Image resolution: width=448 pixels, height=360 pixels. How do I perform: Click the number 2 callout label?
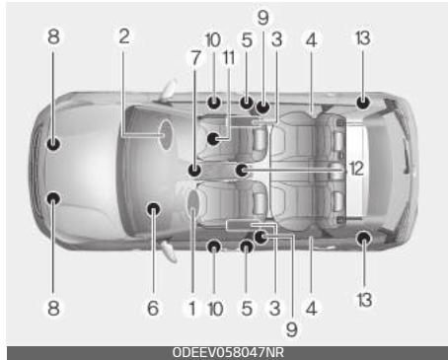(x=124, y=36)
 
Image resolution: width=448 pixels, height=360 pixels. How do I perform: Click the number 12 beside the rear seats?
(x=355, y=169)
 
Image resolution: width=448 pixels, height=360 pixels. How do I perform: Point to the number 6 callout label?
(x=153, y=308)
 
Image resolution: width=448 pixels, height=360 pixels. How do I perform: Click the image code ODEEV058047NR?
(x=223, y=352)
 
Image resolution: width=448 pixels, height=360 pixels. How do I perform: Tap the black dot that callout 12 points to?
(x=242, y=170)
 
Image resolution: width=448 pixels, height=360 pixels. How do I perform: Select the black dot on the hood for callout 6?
(x=153, y=208)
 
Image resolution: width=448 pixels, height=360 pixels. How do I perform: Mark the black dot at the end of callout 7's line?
(x=194, y=170)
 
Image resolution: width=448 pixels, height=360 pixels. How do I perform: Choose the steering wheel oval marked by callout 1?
(x=193, y=204)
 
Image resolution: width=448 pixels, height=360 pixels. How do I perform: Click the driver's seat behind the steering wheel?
(x=237, y=202)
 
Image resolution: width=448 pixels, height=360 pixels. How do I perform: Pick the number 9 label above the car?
(x=262, y=17)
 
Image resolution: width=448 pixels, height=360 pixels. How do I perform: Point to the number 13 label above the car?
(x=364, y=37)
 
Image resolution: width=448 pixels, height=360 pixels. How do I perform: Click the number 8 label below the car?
(x=53, y=308)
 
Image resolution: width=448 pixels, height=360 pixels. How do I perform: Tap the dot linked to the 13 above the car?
(x=363, y=102)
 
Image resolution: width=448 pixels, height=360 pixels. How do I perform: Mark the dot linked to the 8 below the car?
(x=53, y=198)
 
